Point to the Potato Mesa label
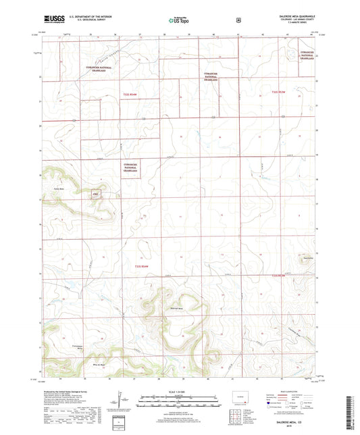tap(58, 188)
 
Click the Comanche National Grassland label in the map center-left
tap(131, 169)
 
